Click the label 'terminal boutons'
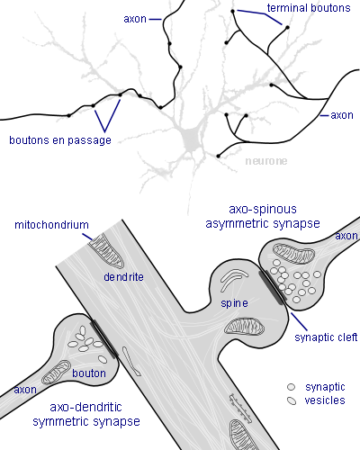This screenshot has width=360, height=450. (x=309, y=8)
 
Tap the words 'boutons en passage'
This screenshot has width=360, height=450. (x=60, y=140)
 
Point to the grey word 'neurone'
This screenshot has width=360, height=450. (x=266, y=161)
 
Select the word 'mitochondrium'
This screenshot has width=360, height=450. (x=51, y=225)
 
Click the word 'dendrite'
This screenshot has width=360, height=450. (x=123, y=277)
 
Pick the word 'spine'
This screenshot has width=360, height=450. (x=234, y=303)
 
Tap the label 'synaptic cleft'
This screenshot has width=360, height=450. (x=326, y=337)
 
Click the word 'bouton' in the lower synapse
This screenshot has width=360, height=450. (x=89, y=373)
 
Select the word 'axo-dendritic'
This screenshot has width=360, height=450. (x=85, y=407)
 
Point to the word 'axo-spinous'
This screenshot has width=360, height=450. (x=263, y=209)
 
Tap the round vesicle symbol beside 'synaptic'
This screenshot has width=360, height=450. (x=291, y=387)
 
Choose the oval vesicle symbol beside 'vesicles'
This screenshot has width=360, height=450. (x=292, y=400)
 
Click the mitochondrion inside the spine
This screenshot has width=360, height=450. (x=245, y=327)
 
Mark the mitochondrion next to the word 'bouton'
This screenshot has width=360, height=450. (x=56, y=373)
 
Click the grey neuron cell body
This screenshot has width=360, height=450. (x=190, y=139)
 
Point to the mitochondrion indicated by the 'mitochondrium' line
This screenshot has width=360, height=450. (x=106, y=250)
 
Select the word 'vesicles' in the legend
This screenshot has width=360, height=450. (x=325, y=400)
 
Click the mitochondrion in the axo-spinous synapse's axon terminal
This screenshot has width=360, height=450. (x=293, y=254)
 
